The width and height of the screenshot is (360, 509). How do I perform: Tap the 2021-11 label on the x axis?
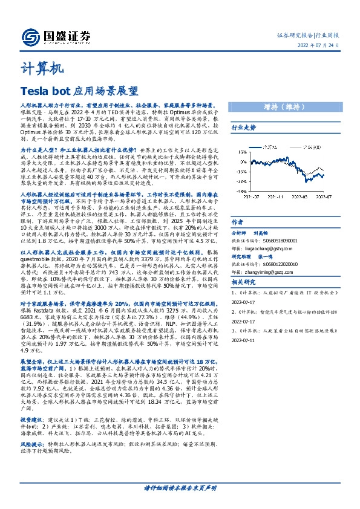278,196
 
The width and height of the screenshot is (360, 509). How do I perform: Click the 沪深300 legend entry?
315,148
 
